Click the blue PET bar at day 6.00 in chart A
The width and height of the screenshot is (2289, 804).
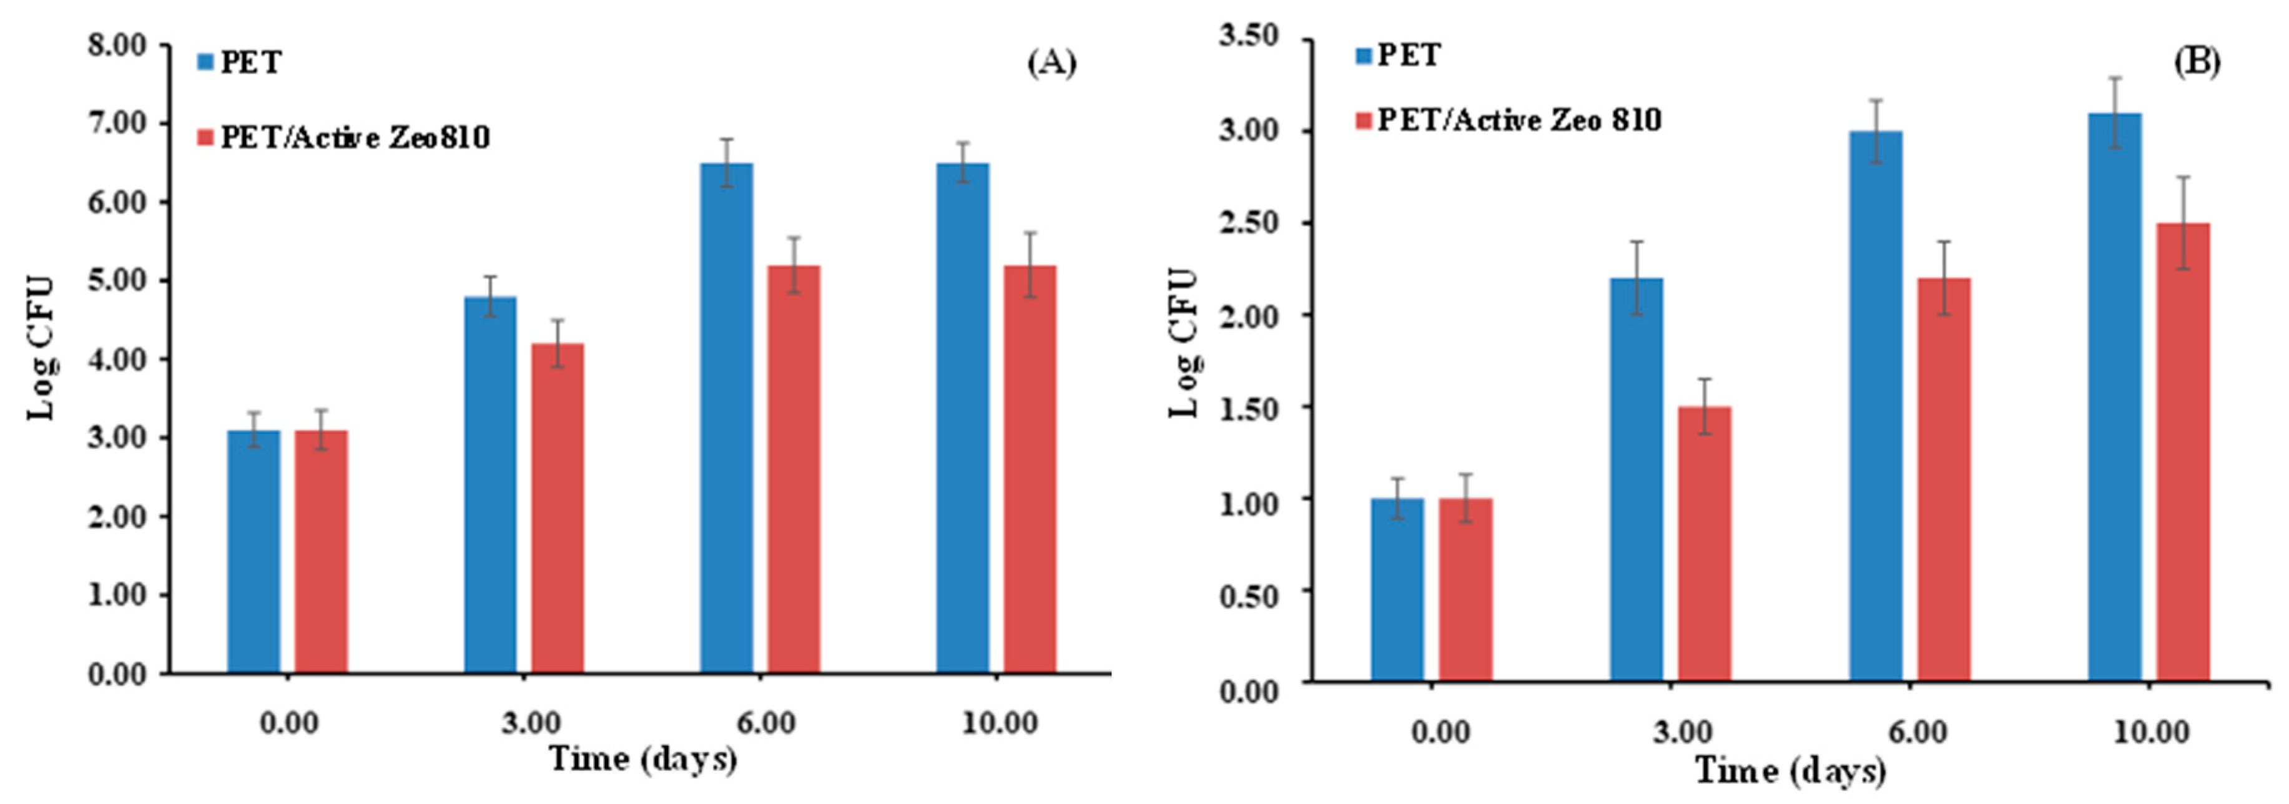[x=726, y=418]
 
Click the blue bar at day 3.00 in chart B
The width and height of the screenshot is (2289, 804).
[x=1636, y=480]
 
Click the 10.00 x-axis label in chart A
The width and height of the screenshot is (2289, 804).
[x=999, y=723]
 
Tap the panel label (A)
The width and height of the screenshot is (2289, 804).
[x=1051, y=63]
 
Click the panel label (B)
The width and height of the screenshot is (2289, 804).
[x=2196, y=61]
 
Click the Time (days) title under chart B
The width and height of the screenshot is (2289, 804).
[x=1789, y=769]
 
